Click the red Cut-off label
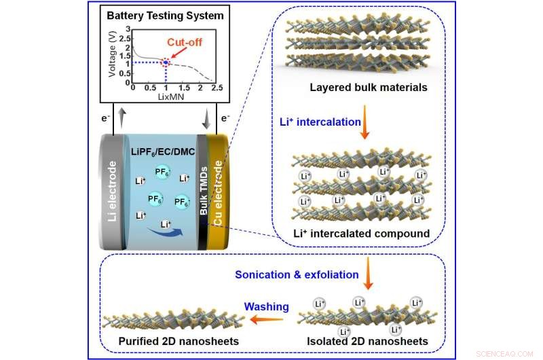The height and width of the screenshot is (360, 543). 184,42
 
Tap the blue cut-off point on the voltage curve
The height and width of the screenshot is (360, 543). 166,62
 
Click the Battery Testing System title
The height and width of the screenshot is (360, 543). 165,16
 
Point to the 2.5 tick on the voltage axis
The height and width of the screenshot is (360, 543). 125,39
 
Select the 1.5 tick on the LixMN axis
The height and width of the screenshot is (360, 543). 184,88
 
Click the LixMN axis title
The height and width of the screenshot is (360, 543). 171,96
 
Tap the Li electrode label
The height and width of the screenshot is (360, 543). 112,192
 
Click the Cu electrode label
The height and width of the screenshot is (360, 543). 217,193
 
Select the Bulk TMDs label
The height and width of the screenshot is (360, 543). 203,190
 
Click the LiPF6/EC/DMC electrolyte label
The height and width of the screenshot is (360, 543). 163,152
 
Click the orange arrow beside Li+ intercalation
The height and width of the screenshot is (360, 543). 364,122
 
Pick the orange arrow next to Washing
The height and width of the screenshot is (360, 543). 266,319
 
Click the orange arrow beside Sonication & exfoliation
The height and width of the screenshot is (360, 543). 368,273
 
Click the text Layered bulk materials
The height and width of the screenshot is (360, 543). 369,88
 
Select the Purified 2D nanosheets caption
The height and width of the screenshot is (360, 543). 179,341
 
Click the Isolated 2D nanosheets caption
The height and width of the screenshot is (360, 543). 367,341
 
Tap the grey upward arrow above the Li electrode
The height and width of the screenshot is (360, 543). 121,118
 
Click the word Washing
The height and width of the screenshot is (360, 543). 266,306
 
